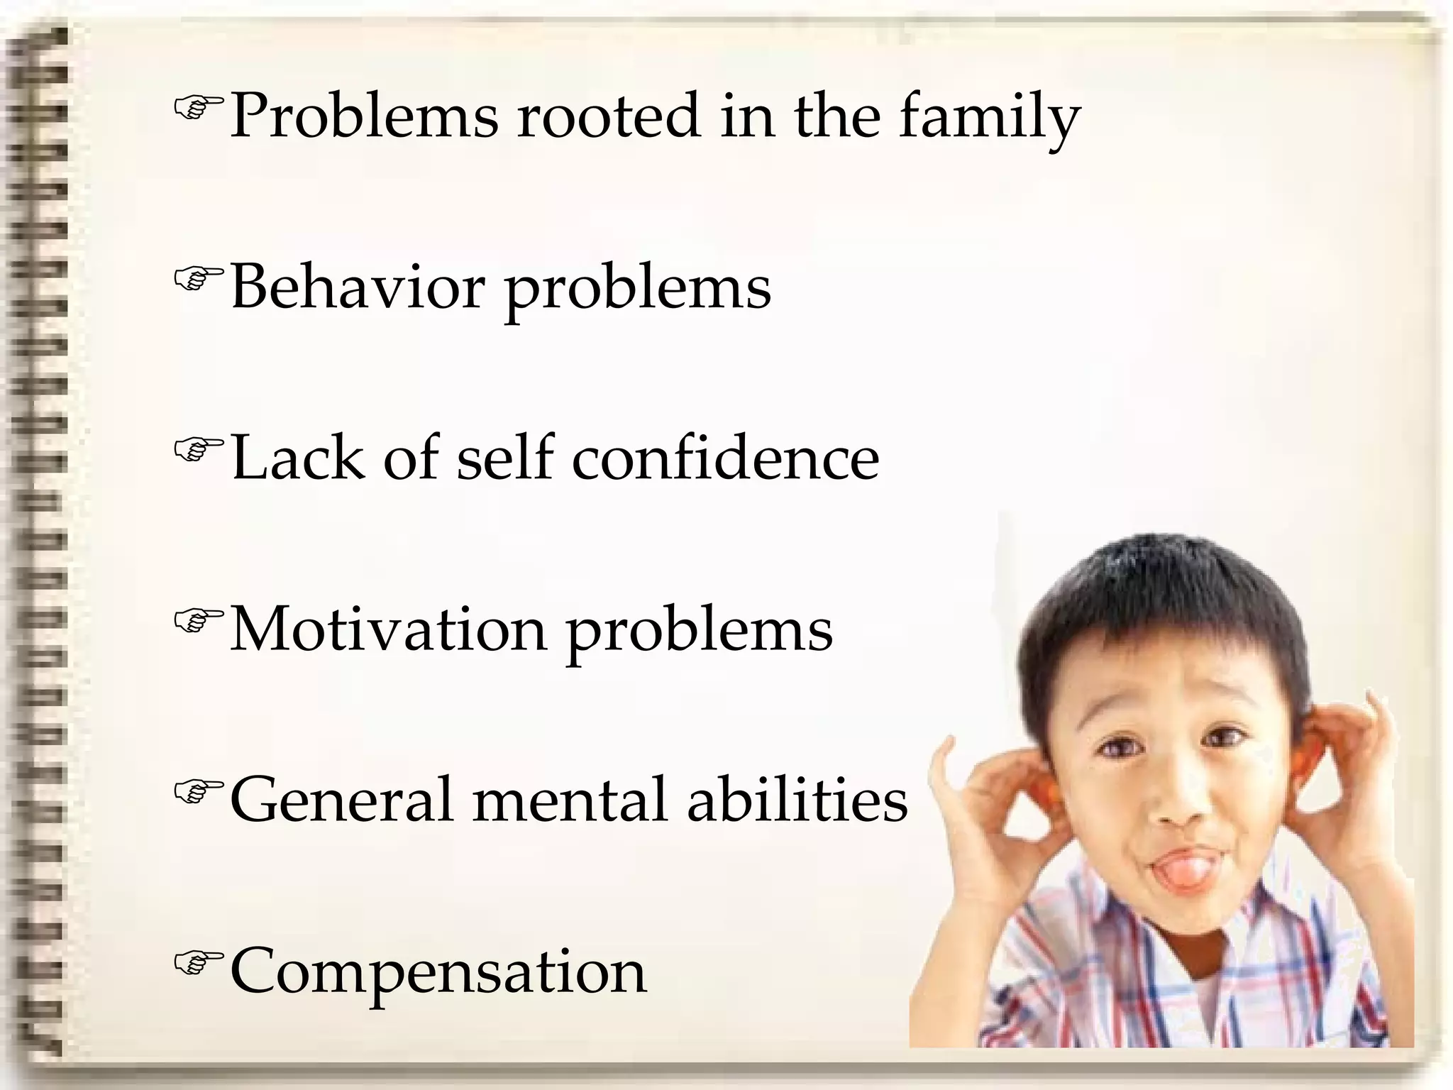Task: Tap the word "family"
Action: (990, 118)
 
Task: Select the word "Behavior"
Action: (358, 287)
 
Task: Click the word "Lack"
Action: (297, 458)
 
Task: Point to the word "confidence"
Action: (725, 458)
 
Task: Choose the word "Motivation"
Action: (388, 629)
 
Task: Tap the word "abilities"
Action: (797, 800)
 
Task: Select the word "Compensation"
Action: (438, 971)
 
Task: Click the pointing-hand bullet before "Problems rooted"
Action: (198, 108)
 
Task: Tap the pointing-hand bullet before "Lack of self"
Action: (198, 450)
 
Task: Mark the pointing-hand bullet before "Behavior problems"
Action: (198, 279)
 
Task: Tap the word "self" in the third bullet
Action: (504, 458)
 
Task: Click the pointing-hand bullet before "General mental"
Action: (198, 792)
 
